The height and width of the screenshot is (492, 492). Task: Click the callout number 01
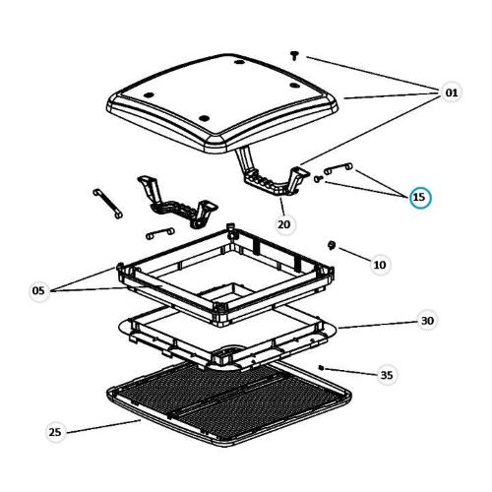[x=452, y=92]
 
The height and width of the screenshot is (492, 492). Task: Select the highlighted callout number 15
[x=419, y=197]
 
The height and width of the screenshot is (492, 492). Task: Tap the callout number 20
[x=284, y=224]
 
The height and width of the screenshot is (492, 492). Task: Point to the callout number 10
[x=380, y=265]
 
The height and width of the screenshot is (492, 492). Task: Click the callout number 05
[x=38, y=290]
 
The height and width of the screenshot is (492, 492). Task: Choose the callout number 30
[x=427, y=321]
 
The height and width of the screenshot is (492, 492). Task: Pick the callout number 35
[x=387, y=375]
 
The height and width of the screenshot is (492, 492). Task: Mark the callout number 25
[x=55, y=432]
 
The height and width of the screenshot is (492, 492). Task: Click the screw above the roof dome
[x=294, y=55]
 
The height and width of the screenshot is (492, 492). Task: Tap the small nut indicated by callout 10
[x=332, y=245]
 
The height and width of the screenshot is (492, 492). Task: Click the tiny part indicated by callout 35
[x=321, y=368]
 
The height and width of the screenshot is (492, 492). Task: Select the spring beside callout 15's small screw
[x=338, y=168]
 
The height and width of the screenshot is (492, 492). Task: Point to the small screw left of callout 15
[x=318, y=179]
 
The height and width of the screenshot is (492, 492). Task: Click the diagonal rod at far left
[x=107, y=204]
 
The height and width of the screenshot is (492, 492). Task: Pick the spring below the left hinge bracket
[x=159, y=233]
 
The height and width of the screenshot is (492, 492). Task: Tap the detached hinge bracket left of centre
[x=177, y=201]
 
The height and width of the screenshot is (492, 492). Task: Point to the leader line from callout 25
[x=103, y=426]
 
